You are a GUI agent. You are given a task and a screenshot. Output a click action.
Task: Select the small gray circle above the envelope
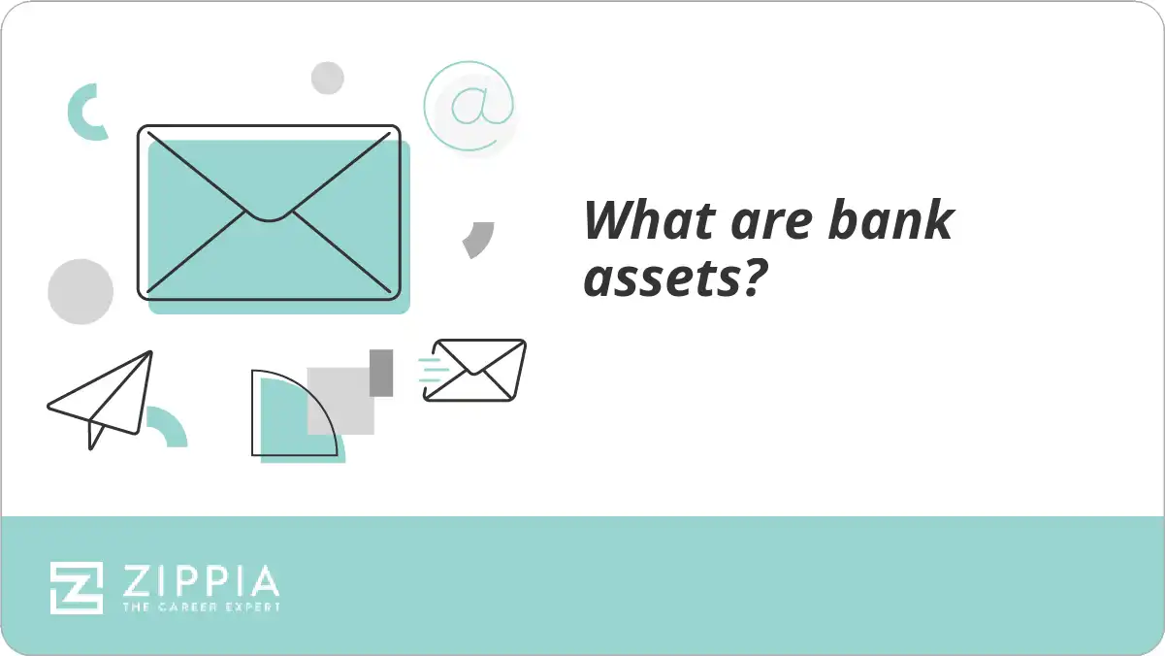(328, 79)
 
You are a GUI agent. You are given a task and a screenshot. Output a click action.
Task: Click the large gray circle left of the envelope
(81, 292)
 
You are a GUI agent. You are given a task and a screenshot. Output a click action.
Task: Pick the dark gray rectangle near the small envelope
(381, 373)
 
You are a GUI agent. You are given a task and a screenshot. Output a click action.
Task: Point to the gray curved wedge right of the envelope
(479, 239)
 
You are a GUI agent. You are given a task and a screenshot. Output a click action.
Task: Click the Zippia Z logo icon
(77, 587)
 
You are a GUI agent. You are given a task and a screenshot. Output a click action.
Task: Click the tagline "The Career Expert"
(200, 607)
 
